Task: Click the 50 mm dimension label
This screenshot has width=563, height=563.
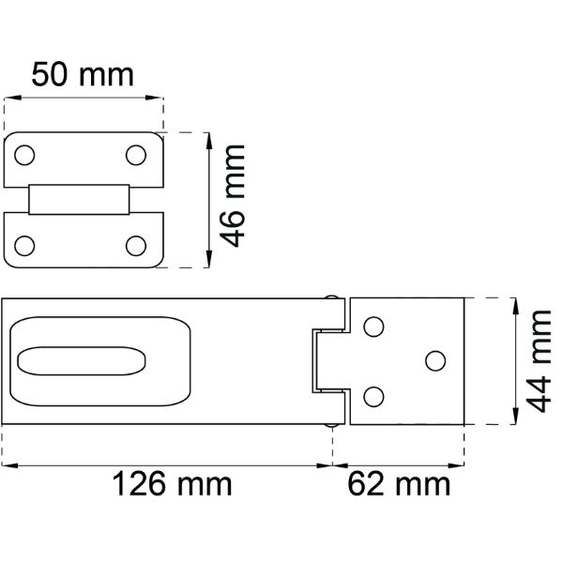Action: click(83, 72)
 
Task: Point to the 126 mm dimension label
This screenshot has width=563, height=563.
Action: click(172, 485)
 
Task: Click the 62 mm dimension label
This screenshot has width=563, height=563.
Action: click(399, 485)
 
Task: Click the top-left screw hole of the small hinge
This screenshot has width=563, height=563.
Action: click(24, 154)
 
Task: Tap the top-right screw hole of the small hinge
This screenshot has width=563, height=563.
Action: click(137, 154)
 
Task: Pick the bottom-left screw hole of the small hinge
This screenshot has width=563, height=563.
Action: click(24, 246)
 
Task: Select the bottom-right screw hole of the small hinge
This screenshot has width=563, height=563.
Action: click(137, 246)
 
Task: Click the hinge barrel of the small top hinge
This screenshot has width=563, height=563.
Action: click(79, 200)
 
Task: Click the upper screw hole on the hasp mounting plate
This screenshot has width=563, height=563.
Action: click(373, 327)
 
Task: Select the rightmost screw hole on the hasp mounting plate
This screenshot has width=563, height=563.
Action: click(434, 360)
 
